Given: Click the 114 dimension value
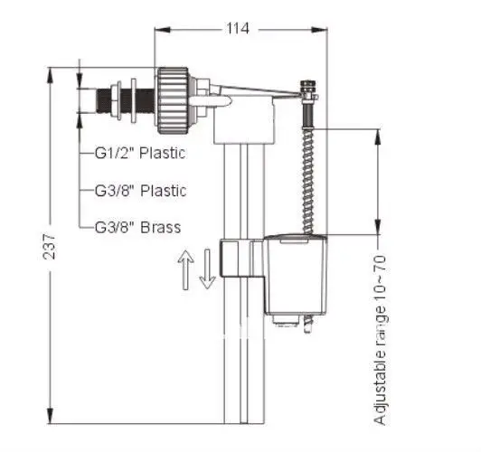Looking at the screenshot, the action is click(238, 29).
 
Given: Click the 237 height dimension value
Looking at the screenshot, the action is click(49, 246).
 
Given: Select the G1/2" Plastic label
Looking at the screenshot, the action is click(140, 153).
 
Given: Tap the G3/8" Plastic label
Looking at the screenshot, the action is click(140, 191).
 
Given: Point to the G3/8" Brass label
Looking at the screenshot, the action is click(137, 228).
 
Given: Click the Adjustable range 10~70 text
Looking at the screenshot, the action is click(380, 340).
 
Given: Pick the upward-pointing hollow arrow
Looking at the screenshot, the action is click(186, 269).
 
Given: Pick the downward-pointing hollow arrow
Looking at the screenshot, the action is click(207, 268).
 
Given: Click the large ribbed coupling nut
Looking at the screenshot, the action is click(173, 100).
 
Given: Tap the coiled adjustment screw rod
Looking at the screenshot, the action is click(308, 181).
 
